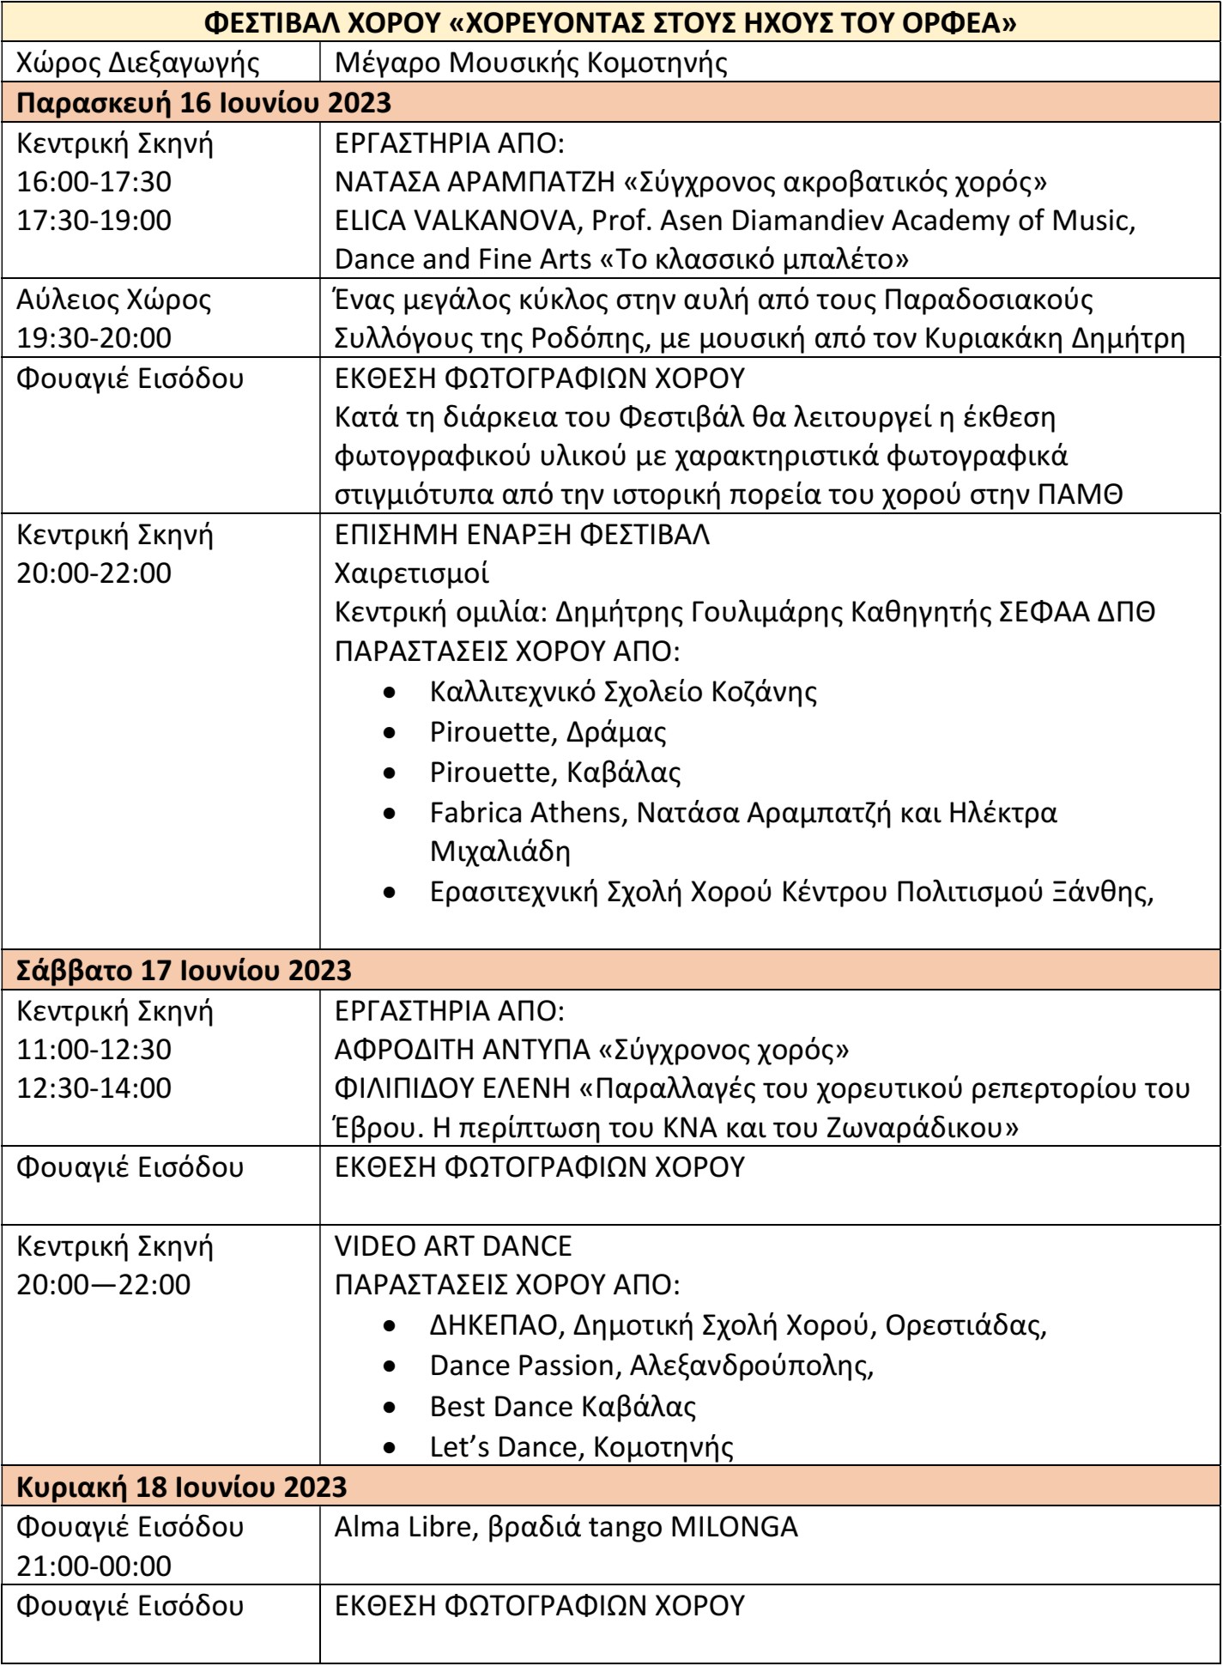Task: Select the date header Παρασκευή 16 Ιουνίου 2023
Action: pos(204,103)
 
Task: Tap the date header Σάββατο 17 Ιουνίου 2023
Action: pos(185,971)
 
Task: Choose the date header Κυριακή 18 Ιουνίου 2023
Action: pos(182,1487)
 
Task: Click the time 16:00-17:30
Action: pos(94,182)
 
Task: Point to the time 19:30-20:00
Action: pos(94,339)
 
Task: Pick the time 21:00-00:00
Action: pos(94,1566)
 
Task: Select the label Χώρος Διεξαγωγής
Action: pos(132,64)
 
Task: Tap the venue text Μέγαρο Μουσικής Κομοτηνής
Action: pos(532,64)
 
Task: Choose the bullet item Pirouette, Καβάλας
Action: pos(555,772)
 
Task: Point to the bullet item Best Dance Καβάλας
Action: pos(562,1407)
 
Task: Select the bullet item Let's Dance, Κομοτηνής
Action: pos(581,1447)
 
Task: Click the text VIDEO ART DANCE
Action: pos(453,1245)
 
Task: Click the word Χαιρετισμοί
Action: pos(412,573)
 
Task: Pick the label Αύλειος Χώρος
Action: pos(114,300)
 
